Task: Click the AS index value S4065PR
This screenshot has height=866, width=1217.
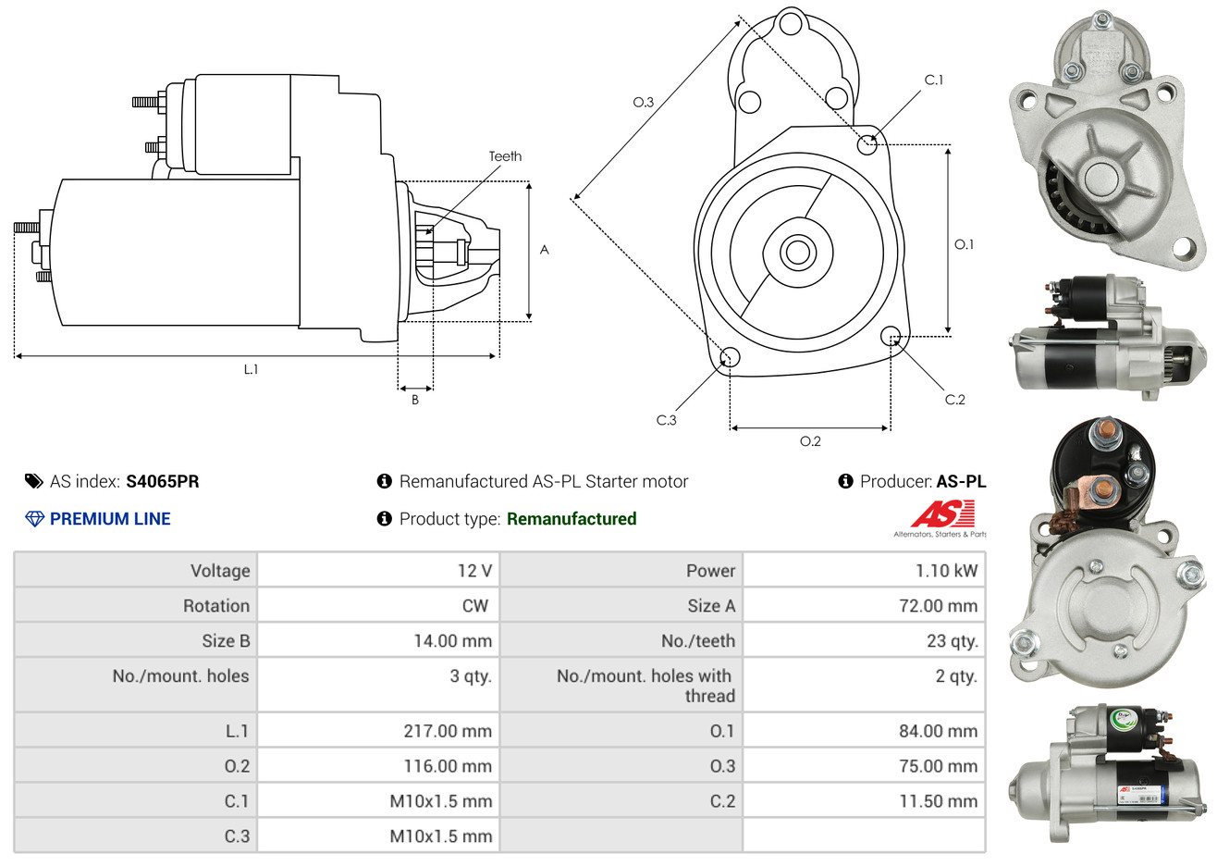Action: pos(162,481)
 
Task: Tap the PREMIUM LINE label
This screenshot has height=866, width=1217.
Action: pos(110,519)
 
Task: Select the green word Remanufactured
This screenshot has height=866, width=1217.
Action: pos(572,519)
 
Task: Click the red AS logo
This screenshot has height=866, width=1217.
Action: pos(941,514)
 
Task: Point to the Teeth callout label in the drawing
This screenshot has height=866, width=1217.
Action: pos(505,156)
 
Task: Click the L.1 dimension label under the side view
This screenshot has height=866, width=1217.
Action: pos(251,369)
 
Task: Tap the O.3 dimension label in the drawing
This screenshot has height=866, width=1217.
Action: pos(643,102)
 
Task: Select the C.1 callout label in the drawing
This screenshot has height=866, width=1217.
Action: pos(934,80)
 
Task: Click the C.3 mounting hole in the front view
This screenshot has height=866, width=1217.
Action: pos(729,358)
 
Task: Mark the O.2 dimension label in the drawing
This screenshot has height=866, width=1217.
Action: pos(810,441)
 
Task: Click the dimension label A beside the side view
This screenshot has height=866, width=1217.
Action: pos(545,250)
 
